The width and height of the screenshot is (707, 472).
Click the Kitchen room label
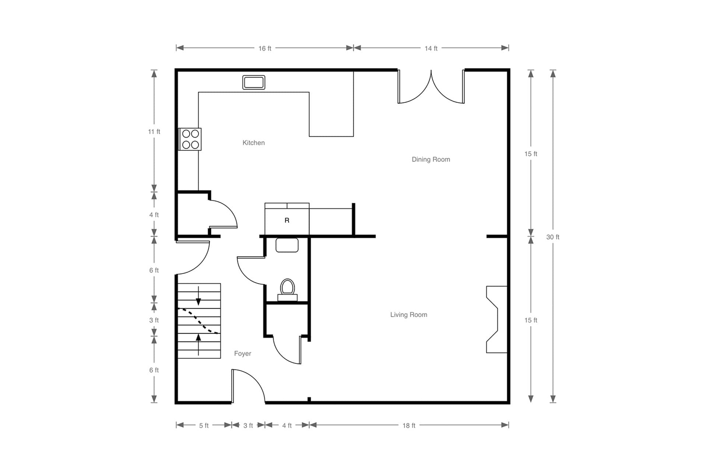coord(253,143)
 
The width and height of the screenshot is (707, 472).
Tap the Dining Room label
coord(431,159)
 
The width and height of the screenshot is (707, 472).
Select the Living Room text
coord(409,315)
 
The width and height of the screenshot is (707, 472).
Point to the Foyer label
coord(243,353)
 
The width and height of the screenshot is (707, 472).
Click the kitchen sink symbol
coord(254,82)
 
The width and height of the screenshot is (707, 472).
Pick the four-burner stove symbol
coord(190,139)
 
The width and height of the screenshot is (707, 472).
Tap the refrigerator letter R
coord(287,221)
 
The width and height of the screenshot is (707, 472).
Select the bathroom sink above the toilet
coord(287,245)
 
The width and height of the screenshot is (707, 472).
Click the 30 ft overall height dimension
coord(553,237)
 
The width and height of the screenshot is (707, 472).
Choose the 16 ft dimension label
coord(265,48)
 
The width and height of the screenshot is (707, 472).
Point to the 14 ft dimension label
coord(431,48)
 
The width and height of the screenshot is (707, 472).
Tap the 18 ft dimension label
coord(409,426)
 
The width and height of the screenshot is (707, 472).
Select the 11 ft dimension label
coord(154,132)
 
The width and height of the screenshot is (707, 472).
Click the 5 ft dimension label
coord(204,426)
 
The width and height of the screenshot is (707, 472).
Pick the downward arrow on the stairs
coord(198,296)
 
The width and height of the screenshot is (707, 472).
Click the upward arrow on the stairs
coord(198,344)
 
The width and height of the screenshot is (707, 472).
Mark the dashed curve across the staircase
coord(198,320)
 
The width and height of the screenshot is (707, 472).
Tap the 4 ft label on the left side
coord(154,215)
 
